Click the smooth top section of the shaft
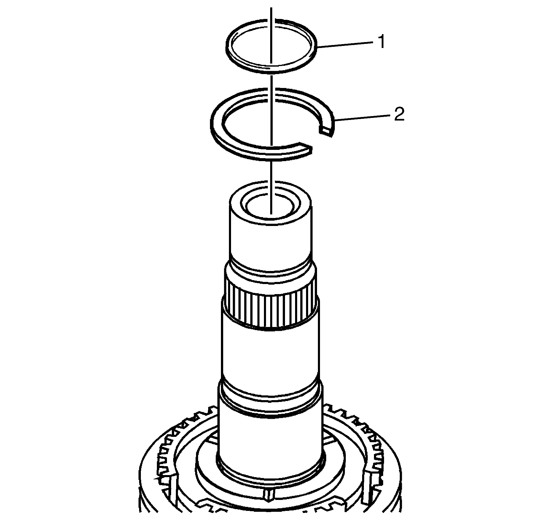pos(270,240)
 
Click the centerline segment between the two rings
pos(271,80)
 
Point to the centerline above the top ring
pos(271,12)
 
